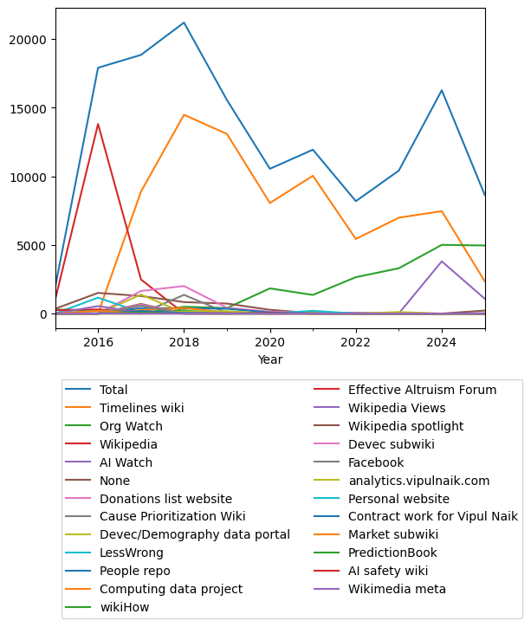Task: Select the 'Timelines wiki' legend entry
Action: pyautogui.click(x=140, y=408)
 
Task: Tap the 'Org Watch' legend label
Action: pyautogui.click(x=131, y=426)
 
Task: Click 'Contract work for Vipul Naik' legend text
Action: pyautogui.click(x=433, y=517)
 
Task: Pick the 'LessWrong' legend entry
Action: pyautogui.click(x=132, y=553)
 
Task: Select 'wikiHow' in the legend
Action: pyautogui.click(x=126, y=607)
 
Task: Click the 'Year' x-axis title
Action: pyautogui.click(x=269, y=359)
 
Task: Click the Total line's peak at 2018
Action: pyautogui.click(x=184, y=23)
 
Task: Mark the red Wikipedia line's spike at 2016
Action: pyautogui.click(x=98, y=124)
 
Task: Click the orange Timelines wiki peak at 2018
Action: pyautogui.click(x=184, y=114)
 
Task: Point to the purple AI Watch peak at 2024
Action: pyautogui.click(x=442, y=262)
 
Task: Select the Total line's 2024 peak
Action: pyautogui.click(x=442, y=90)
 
